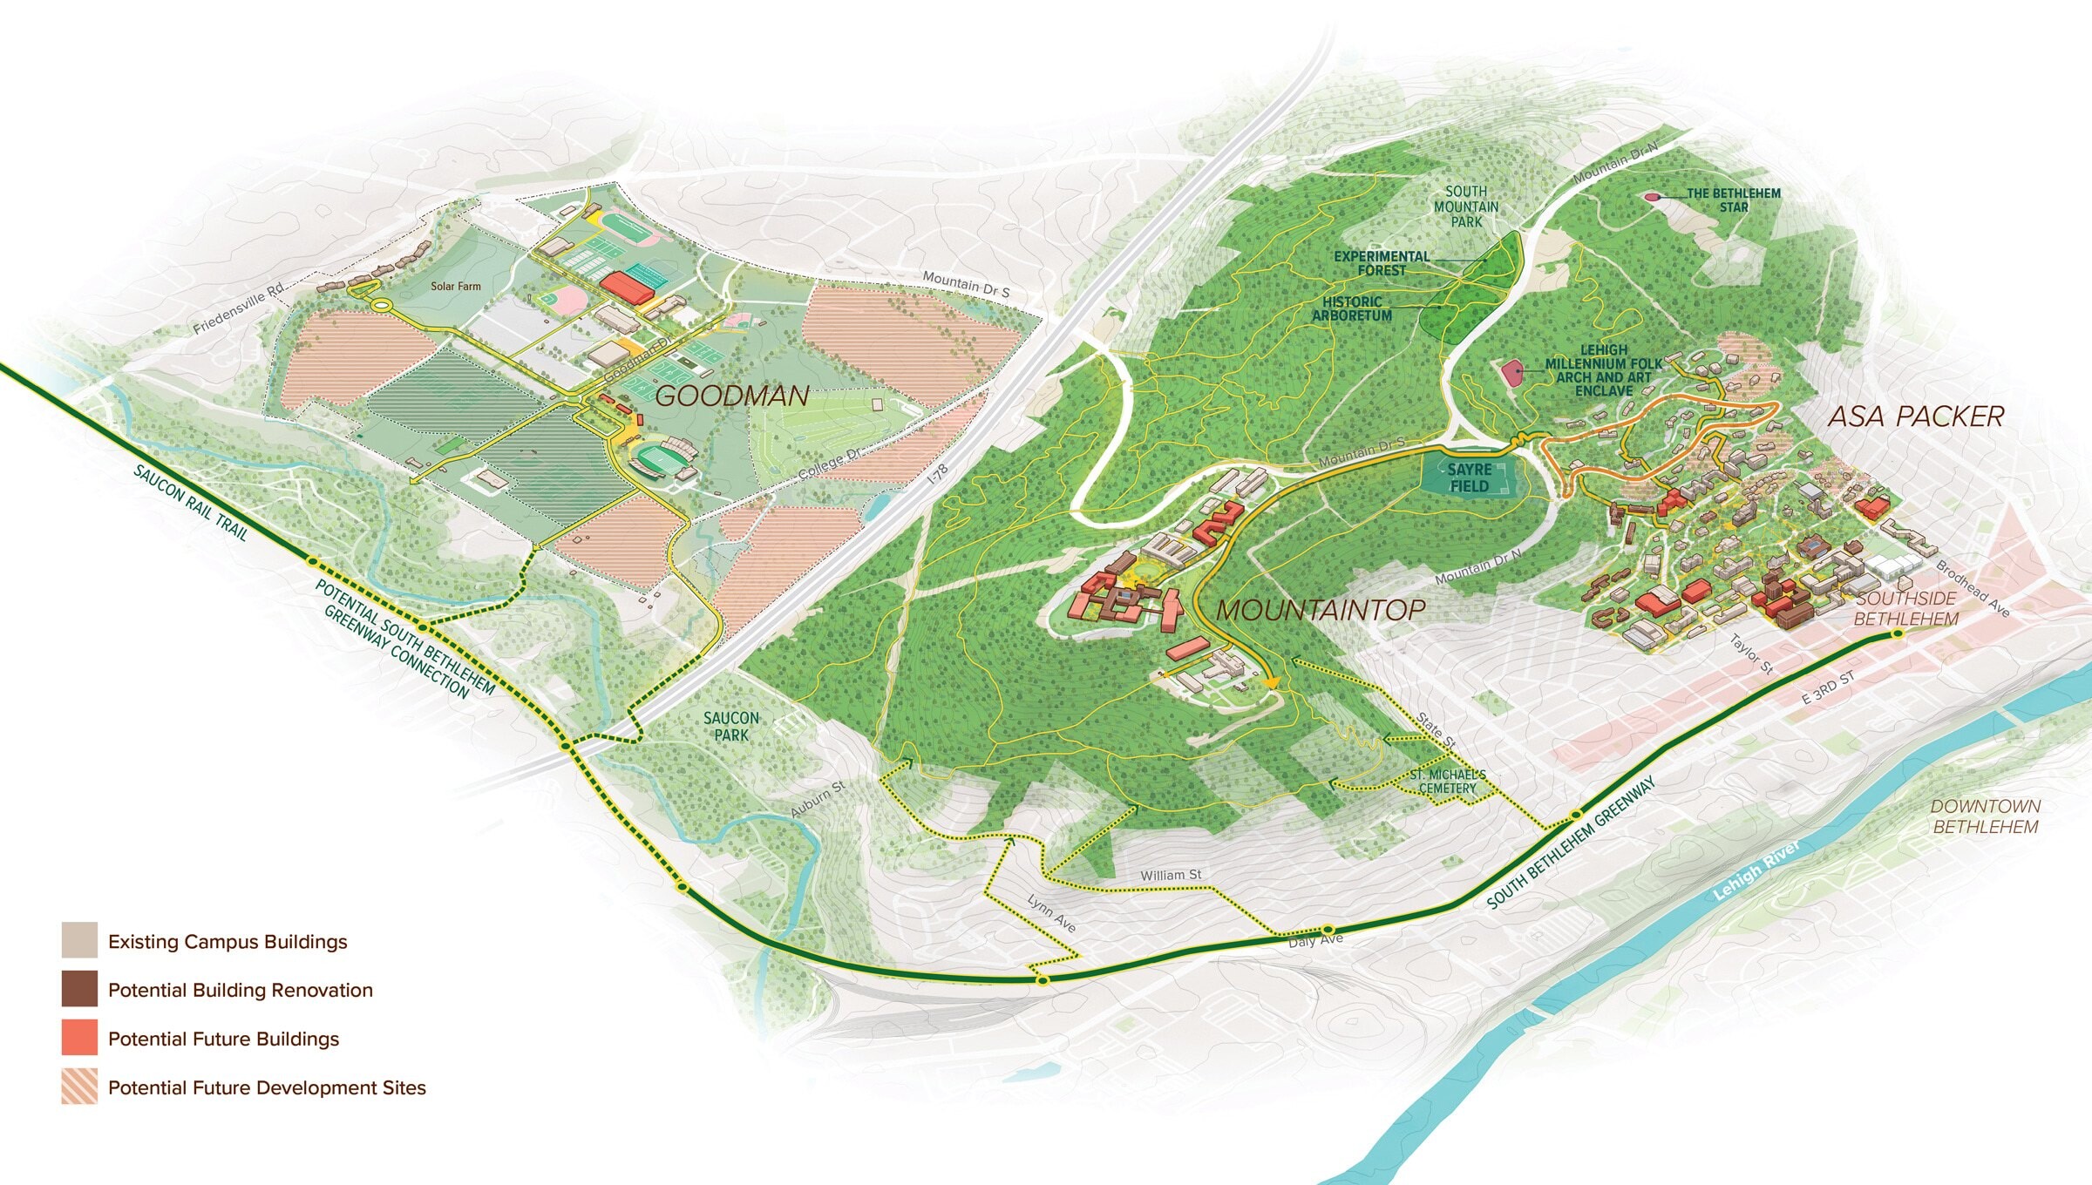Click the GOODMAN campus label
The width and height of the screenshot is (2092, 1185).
point(732,396)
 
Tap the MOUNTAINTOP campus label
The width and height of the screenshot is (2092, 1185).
point(1321,610)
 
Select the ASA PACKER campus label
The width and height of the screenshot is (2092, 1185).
point(1916,416)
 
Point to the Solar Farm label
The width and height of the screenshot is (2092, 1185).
point(455,286)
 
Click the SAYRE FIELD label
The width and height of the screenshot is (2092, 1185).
point(1469,477)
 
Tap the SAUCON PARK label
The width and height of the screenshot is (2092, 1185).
point(731,727)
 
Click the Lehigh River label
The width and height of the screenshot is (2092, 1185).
point(1756,870)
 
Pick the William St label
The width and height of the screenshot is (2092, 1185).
point(1171,875)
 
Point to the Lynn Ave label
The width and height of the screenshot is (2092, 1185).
point(1051,913)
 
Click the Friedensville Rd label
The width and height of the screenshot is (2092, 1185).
point(239,308)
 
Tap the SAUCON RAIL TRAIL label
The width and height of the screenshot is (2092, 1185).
point(190,502)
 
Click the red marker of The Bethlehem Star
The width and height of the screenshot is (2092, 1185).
point(1651,197)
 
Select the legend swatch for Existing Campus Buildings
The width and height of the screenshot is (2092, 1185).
point(79,941)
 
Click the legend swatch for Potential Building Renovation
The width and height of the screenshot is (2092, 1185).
point(79,989)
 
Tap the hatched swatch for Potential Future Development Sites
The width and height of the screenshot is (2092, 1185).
point(79,1087)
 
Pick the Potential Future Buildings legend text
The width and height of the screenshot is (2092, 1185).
point(223,1039)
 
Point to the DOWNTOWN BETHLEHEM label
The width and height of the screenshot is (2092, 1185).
point(1985,816)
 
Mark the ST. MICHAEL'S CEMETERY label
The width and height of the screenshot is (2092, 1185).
point(1447,782)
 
